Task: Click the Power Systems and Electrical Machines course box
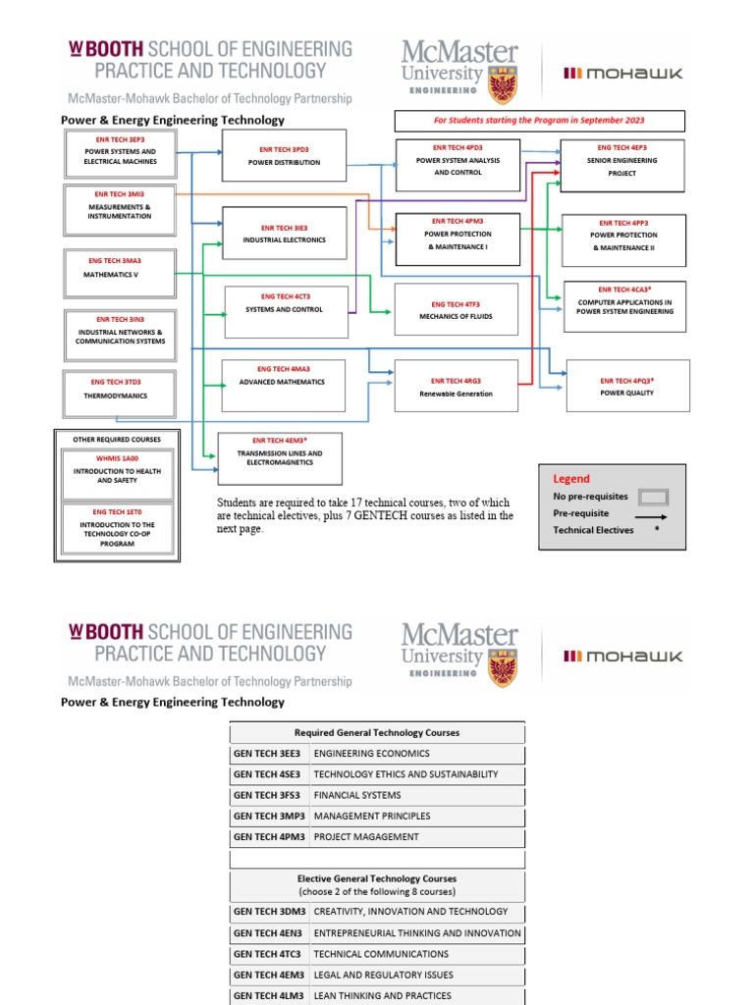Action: click(119, 155)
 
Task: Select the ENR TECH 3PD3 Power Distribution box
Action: click(284, 156)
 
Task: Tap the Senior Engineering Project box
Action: click(622, 166)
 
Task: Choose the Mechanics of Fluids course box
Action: click(455, 310)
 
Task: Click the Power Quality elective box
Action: click(627, 386)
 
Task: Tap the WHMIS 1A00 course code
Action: click(116, 458)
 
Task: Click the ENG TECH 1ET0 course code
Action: click(117, 512)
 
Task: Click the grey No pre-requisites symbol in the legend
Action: click(653, 497)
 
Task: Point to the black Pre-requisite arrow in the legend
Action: click(651, 514)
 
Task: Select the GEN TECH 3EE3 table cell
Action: click(269, 754)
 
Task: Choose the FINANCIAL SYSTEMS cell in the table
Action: click(357, 796)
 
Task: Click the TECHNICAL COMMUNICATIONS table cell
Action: click(381, 954)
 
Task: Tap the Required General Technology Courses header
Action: click(377, 733)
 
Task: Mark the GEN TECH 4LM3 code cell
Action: click(269, 995)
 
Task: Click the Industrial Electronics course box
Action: click(284, 234)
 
